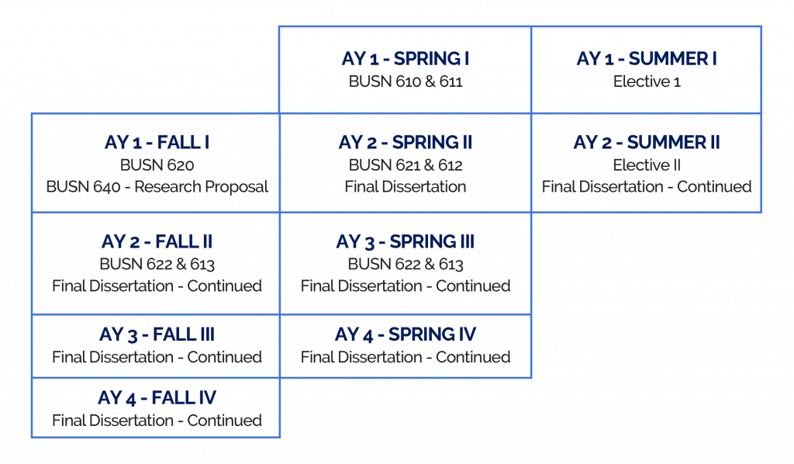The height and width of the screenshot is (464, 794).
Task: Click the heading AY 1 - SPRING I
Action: (406, 59)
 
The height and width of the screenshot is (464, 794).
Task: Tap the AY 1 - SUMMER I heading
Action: (646, 59)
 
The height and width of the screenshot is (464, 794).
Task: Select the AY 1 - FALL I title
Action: (157, 144)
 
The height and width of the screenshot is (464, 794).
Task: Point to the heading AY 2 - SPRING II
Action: (406, 144)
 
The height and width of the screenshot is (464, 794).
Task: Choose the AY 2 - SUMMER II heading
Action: (646, 144)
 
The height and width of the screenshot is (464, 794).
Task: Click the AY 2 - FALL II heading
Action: (157, 241)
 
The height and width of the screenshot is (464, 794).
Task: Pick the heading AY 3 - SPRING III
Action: (406, 241)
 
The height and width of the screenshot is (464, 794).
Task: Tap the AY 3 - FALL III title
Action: (157, 336)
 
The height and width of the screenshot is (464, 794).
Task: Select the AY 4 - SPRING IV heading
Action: (406, 336)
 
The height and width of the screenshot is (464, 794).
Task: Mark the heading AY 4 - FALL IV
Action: (157, 399)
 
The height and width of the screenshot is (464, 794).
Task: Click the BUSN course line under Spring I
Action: (406, 80)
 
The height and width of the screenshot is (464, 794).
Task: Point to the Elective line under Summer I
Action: (646, 80)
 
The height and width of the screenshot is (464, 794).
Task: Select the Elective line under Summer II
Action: (646, 164)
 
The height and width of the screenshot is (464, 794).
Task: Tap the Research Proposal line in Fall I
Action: (157, 186)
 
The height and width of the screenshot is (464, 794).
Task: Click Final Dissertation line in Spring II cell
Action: (406, 186)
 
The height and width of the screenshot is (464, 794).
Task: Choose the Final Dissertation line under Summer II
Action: (646, 186)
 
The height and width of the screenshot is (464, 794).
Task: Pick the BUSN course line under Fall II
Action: (157, 263)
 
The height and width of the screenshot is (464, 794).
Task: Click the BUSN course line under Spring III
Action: (406, 263)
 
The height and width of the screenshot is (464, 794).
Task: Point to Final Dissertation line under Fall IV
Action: (157, 421)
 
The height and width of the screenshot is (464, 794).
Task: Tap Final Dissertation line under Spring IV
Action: (406, 358)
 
